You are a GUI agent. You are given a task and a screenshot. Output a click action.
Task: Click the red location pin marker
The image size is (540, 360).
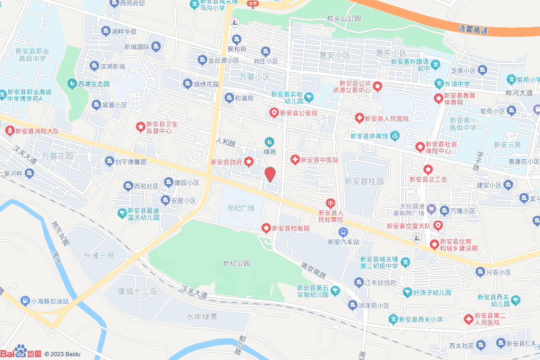(x=270, y=174)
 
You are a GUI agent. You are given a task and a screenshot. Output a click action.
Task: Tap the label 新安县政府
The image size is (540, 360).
(x=226, y=162)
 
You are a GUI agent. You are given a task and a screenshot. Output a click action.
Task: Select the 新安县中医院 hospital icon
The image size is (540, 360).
(x=295, y=159)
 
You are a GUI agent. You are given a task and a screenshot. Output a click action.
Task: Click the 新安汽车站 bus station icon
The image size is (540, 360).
(x=343, y=232)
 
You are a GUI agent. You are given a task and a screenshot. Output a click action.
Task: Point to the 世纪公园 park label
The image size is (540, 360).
(x=236, y=263)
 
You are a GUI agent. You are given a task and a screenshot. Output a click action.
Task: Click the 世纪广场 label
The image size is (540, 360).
(x=241, y=208)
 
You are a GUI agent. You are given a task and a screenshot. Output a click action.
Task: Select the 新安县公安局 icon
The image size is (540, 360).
(x=274, y=113)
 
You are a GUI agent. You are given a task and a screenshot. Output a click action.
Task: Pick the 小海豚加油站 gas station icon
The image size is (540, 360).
(x=25, y=301)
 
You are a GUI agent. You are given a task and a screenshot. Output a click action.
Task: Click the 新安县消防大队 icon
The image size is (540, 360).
(x=9, y=130)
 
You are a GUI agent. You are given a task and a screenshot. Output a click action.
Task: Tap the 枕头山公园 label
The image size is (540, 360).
(x=344, y=18)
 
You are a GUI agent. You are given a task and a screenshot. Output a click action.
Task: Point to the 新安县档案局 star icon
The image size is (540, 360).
(x=267, y=228)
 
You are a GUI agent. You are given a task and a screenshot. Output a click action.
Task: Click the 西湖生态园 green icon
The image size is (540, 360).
(x=72, y=83)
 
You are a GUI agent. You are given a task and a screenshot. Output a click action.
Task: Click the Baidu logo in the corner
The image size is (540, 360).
(x=21, y=353)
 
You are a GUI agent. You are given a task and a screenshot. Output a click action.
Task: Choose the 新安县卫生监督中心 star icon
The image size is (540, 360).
(x=140, y=127)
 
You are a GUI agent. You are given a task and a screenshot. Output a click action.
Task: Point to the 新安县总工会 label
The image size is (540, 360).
(x=428, y=179)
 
